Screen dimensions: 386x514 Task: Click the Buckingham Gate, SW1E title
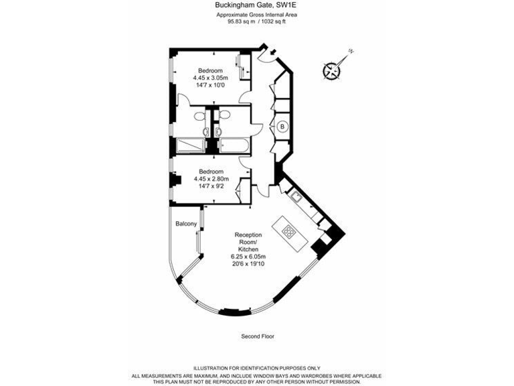point(257,6)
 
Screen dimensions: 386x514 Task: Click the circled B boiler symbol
point(282,126)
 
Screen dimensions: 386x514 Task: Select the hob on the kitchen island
point(289,232)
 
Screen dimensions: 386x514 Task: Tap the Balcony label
point(185,224)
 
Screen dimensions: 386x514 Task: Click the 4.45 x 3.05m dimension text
point(211,78)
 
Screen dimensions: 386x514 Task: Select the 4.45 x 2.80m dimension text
point(211,179)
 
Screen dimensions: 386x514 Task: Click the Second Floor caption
point(257,336)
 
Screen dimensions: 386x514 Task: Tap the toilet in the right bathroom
point(225,117)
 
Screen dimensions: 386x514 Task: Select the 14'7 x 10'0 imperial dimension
point(211,86)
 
